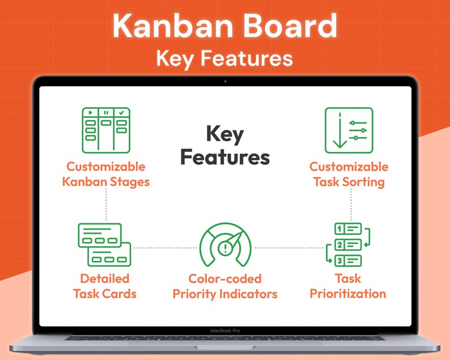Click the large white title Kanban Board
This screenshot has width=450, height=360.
coord(224,25)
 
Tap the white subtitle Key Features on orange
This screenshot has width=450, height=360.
coord(224,58)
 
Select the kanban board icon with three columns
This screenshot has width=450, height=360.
coord(106,130)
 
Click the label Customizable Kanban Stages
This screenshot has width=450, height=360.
coord(106,174)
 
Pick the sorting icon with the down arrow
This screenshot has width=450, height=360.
coord(349,130)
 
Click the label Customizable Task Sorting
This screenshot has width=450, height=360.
coord(349,174)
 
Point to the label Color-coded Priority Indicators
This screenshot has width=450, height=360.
coord(225,286)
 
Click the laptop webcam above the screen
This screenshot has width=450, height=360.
coord(225,81)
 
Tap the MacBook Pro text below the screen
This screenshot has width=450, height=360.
coord(224,330)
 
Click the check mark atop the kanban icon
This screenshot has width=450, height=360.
coord(121,112)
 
